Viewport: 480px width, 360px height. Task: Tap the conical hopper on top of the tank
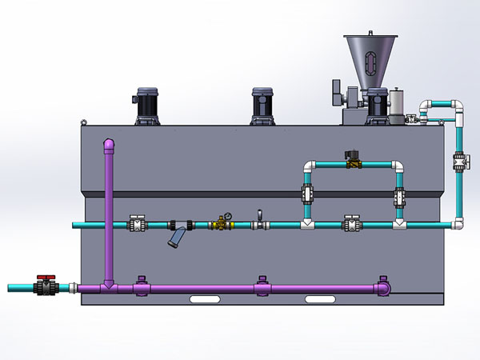(x=373, y=61)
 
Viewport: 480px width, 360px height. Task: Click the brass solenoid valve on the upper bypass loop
(x=351, y=160)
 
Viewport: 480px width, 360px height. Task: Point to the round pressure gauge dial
(x=226, y=216)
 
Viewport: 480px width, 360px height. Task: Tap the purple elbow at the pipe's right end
(x=385, y=285)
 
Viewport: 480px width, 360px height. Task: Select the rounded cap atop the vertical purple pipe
(x=108, y=144)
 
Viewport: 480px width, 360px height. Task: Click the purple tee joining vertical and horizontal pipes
(x=108, y=286)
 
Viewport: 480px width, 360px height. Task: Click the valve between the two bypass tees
(x=350, y=223)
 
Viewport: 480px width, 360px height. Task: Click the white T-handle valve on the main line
(x=259, y=221)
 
